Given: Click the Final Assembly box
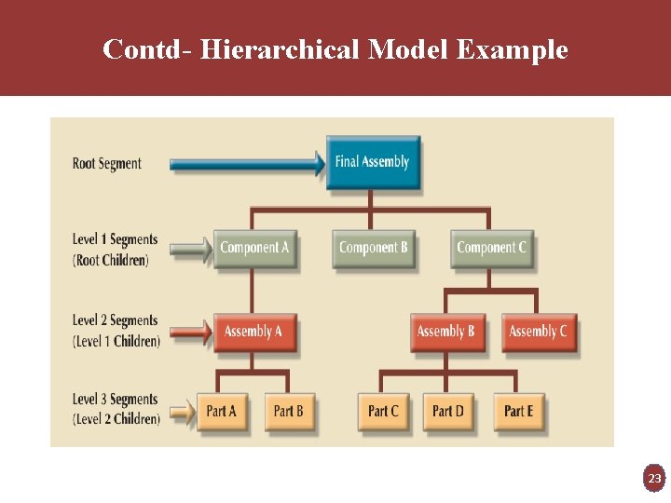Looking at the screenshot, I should pos(373,162).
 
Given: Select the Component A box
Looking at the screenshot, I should pos(254,248).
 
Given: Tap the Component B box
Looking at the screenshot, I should pos(373,248).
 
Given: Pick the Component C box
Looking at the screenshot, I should pos(491,248).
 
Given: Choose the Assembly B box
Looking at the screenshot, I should pos(445,332).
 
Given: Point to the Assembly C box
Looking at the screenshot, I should pos(538,332).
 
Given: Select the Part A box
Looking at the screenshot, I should pos(222,411).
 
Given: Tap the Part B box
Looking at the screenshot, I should pos(288,411).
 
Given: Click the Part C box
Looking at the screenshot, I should pos(383,411).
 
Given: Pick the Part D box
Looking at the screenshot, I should pos(448,411).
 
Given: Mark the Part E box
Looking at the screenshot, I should pos(518,411).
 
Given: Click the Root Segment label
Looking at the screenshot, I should pos(107,164).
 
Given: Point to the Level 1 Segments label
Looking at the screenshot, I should pos(115,240).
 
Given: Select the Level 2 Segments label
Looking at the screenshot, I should pos(115,321).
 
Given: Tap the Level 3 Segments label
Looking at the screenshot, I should pos(115,401).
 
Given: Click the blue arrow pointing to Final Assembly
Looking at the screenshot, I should pos(247,165).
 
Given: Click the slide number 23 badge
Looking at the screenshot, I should pos(654,479).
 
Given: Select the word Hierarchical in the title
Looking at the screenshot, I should pos(280,49).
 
